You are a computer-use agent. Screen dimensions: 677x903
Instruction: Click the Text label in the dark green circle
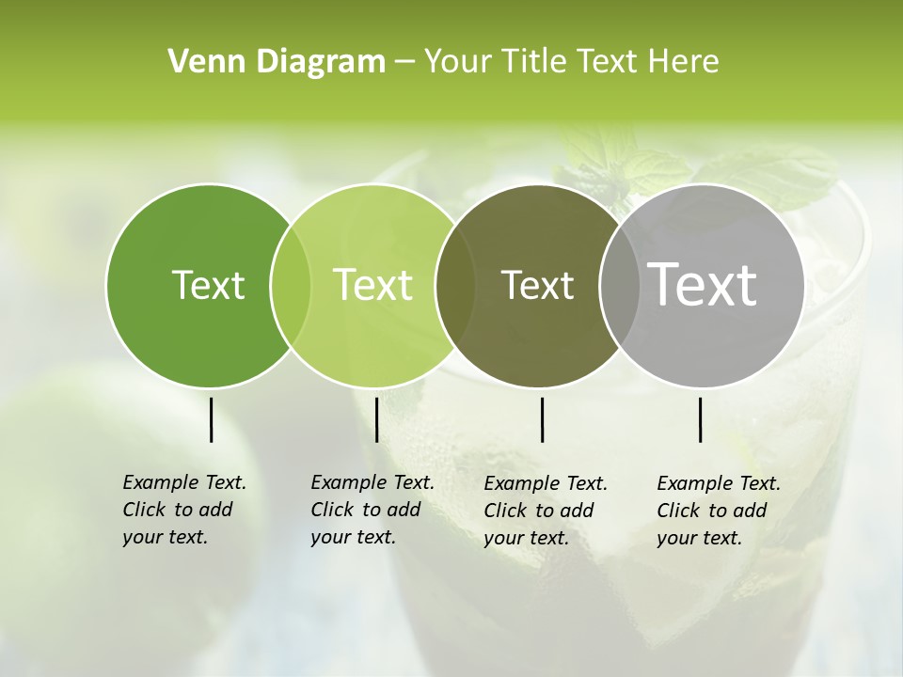tap(208, 285)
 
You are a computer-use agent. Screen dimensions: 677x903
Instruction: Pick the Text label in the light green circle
tap(373, 285)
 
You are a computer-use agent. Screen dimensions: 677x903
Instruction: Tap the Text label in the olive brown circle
tap(537, 285)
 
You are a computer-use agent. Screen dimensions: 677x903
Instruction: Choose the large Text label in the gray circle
tap(703, 285)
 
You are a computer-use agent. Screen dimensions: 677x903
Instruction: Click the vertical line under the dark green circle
tap(211, 419)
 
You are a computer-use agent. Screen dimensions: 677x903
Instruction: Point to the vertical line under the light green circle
tap(376, 419)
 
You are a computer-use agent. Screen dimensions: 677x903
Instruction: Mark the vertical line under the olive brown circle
tap(542, 419)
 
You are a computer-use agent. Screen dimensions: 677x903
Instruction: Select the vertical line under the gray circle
tap(700, 419)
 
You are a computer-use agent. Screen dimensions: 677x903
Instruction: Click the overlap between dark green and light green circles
tap(291, 285)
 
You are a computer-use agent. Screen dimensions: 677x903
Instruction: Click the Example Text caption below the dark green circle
tap(183, 510)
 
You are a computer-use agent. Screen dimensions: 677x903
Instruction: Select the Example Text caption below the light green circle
tap(372, 510)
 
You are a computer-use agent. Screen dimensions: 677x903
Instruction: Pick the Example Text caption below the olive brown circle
tap(545, 511)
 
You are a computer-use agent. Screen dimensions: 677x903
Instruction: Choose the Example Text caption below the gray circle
tap(718, 511)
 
